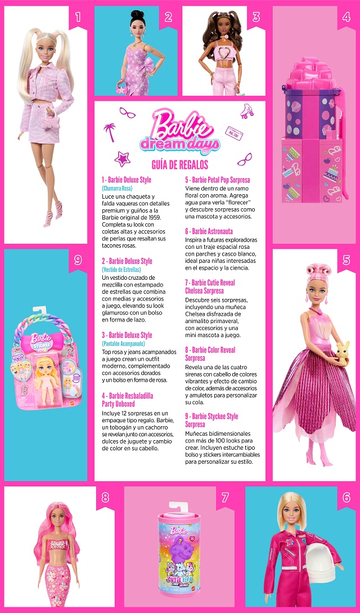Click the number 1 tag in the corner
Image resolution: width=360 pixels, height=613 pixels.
[78, 17]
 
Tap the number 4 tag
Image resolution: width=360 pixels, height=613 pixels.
[346, 17]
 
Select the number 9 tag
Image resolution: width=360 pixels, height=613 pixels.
[78, 260]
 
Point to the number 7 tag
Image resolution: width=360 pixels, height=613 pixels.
[225, 498]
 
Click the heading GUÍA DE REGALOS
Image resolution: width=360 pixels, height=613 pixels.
[179, 164]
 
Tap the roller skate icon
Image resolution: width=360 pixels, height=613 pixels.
[246, 110]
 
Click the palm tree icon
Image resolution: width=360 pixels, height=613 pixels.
[108, 131]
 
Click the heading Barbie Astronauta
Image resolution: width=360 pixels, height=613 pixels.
[209, 231]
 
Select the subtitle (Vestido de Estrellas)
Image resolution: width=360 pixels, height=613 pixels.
[121, 270]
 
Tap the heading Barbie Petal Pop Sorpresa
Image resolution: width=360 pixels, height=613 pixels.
[218, 180]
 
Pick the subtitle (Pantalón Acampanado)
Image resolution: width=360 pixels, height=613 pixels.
[123, 343]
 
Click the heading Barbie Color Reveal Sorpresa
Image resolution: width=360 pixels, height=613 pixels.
[210, 354]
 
